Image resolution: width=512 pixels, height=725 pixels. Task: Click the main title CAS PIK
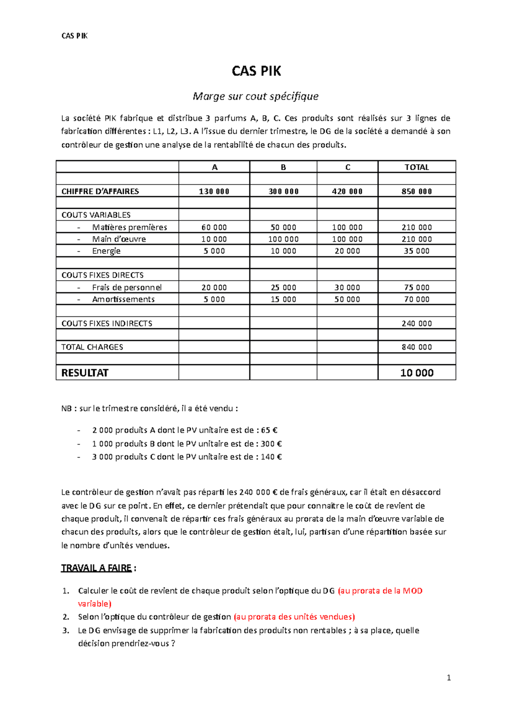pos(256,71)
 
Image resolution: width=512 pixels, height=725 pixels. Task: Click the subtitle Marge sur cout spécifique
pos(256,96)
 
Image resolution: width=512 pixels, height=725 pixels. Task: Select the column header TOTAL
pos(416,167)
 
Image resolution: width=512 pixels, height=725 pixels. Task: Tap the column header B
pos(283,167)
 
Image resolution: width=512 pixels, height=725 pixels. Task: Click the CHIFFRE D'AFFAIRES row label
pos(100,191)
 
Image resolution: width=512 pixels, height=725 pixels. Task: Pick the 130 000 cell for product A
pos(214,191)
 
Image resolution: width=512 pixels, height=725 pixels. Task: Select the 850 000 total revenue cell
pos(416,191)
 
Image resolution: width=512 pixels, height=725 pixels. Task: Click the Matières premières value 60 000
pos(214,228)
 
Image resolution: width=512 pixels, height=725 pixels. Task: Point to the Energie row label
pos(106,251)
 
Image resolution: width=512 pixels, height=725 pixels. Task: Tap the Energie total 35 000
pos(416,251)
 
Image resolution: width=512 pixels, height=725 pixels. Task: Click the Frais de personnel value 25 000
pos(283,287)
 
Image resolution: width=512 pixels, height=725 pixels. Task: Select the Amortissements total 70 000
pos(416,299)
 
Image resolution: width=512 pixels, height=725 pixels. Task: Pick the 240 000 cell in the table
pos(416,324)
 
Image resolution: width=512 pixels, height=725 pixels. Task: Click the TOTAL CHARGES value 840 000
pos(416,347)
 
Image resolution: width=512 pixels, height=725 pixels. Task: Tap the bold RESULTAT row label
pos(85,373)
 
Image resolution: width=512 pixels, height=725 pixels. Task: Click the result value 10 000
pos(416,373)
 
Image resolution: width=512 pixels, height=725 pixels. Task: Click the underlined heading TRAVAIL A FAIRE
pos(96,568)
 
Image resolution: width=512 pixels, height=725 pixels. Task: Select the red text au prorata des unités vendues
pos(294,617)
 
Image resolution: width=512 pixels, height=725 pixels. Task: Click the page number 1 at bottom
pos(448,678)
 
